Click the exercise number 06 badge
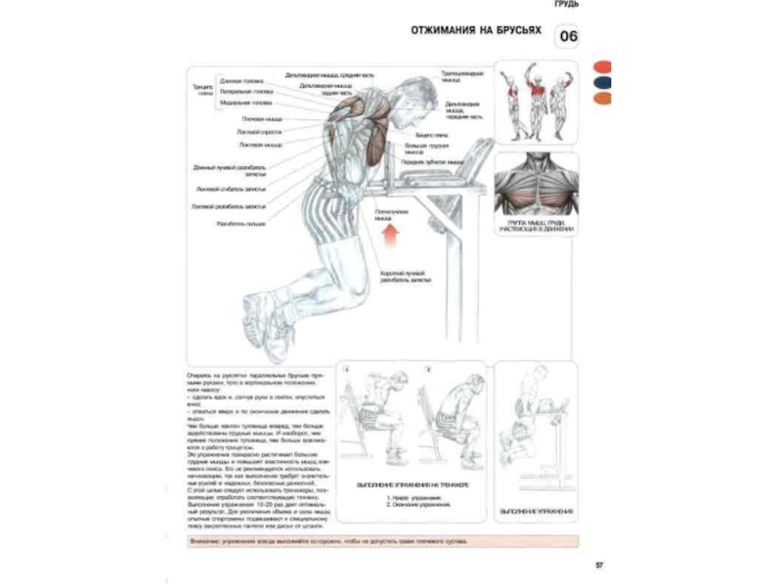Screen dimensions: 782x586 pyautogui.click(x=567, y=37)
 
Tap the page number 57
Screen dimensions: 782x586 pyautogui.click(x=598, y=564)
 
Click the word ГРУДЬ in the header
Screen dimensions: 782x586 pyautogui.click(x=566, y=5)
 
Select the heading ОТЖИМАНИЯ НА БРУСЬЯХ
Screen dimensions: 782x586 pyautogui.click(x=476, y=31)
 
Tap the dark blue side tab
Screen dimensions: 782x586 pyautogui.click(x=603, y=82)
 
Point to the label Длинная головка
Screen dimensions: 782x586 pyautogui.click(x=239, y=80)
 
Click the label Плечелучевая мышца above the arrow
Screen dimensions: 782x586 pyautogui.click(x=390, y=213)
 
